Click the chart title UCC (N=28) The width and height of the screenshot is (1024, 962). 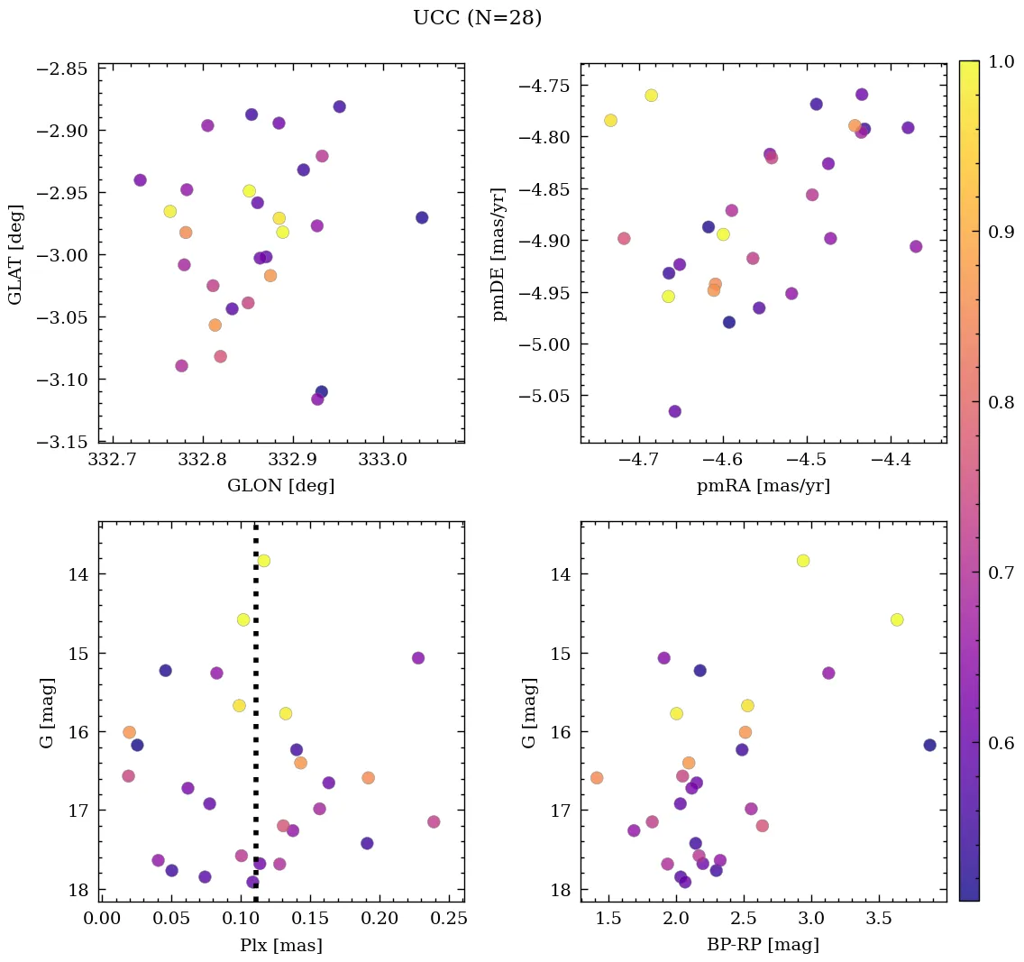(477, 18)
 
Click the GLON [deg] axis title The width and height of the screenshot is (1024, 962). (280, 486)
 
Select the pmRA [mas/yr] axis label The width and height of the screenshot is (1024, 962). (763, 486)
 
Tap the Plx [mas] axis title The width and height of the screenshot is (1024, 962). (280, 945)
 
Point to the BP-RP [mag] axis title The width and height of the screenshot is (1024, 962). (763, 945)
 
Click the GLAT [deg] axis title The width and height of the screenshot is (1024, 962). (15, 253)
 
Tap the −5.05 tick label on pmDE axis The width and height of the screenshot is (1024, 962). (543, 396)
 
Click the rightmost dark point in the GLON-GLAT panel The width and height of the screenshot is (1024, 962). (422, 217)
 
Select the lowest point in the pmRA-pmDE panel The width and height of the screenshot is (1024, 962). (674, 411)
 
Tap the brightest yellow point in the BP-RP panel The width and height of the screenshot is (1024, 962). (803, 561)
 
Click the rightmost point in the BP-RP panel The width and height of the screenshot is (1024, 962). (929, 745)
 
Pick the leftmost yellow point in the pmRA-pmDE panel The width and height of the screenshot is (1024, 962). (610, 120)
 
